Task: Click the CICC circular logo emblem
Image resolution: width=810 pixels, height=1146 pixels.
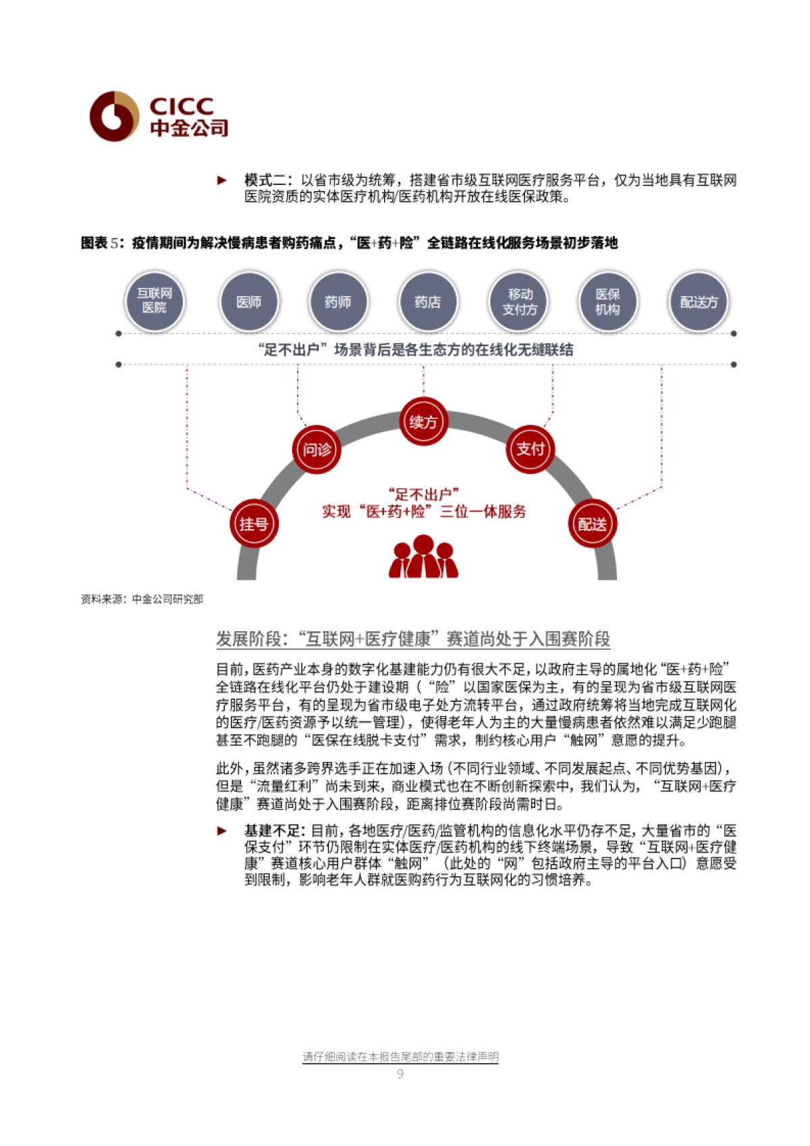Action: (x=114, y=116)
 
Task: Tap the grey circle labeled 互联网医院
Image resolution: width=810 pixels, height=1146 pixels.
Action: (x=155, y=301)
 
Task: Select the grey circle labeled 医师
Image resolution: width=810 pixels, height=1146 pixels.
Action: (x=248, y=302)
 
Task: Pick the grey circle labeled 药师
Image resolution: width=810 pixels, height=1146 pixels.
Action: (x=337, y=302)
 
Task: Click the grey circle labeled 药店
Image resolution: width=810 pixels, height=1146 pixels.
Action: (x=427, y=302)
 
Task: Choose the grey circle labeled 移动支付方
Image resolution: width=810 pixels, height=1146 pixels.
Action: (x=519, y=302)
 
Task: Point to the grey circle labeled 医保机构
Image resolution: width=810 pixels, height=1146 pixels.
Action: (x=607, y=302)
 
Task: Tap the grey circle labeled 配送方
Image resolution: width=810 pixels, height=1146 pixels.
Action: (x=699, y=302)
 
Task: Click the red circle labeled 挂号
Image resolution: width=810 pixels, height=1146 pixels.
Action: (x=254, y=524)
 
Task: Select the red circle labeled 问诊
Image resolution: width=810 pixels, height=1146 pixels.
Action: (x=317, y=449)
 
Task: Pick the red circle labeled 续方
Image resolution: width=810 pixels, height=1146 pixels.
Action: (x=423, y=422)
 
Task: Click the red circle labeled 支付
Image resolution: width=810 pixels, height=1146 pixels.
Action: (x=530, y=449)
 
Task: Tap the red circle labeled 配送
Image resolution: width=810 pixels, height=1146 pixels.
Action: (x=592, y=524)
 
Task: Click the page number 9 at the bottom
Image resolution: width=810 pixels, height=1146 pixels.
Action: (x=400, y=1074)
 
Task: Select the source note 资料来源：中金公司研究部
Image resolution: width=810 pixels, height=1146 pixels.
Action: (x=142, y=599)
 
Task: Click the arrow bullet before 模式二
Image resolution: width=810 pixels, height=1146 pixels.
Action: (x=222, y=180)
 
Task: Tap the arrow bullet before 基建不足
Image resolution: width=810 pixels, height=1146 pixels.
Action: (x=222, y=831)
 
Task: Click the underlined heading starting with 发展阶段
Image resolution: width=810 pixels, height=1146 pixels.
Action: (x=412, y=638)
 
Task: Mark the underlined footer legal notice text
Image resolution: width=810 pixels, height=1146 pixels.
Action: (x=400, y=1057)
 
